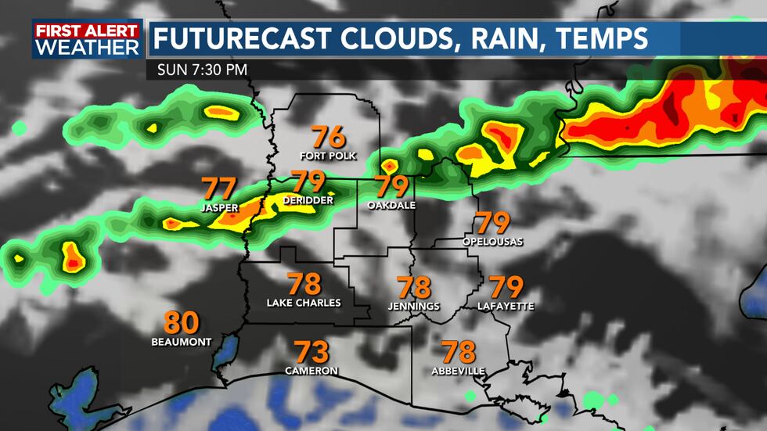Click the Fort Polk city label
[328, 156]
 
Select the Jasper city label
[218, 207]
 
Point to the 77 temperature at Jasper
[218, 189]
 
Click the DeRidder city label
[308, 201]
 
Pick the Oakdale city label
[391, 206]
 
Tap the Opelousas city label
[492, 242]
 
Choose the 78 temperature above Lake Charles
[304, 284]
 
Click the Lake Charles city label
[304, 303]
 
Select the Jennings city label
[414, 307]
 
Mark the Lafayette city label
[506, 307]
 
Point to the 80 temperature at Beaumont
[182, 323]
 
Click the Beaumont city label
[182, 342]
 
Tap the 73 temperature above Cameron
[311, 352]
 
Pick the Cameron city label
[311, 371]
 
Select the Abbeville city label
[458, 371]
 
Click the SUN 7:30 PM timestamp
[202, 70]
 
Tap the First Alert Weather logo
[87, 39]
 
